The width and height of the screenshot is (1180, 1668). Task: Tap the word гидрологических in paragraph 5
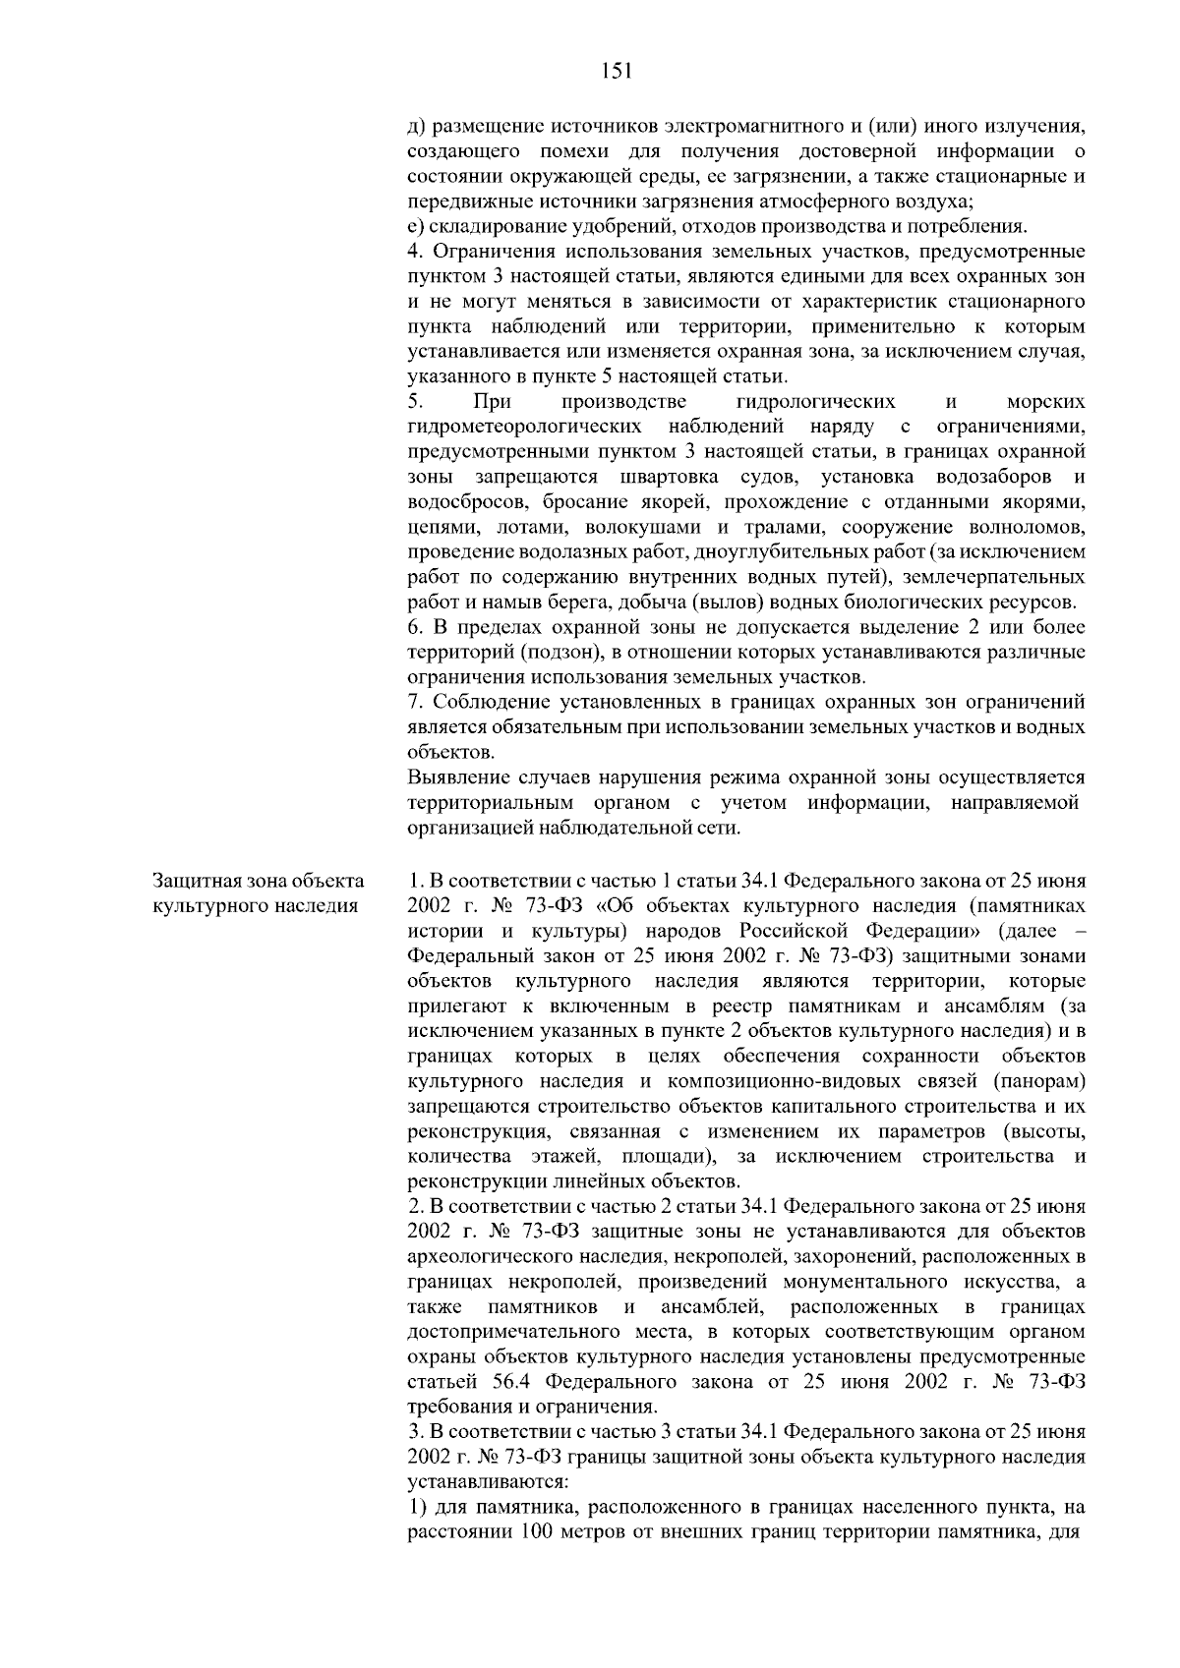click(x=815, y=402)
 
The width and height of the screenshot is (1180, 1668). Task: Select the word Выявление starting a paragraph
click(x=449, y=777)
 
